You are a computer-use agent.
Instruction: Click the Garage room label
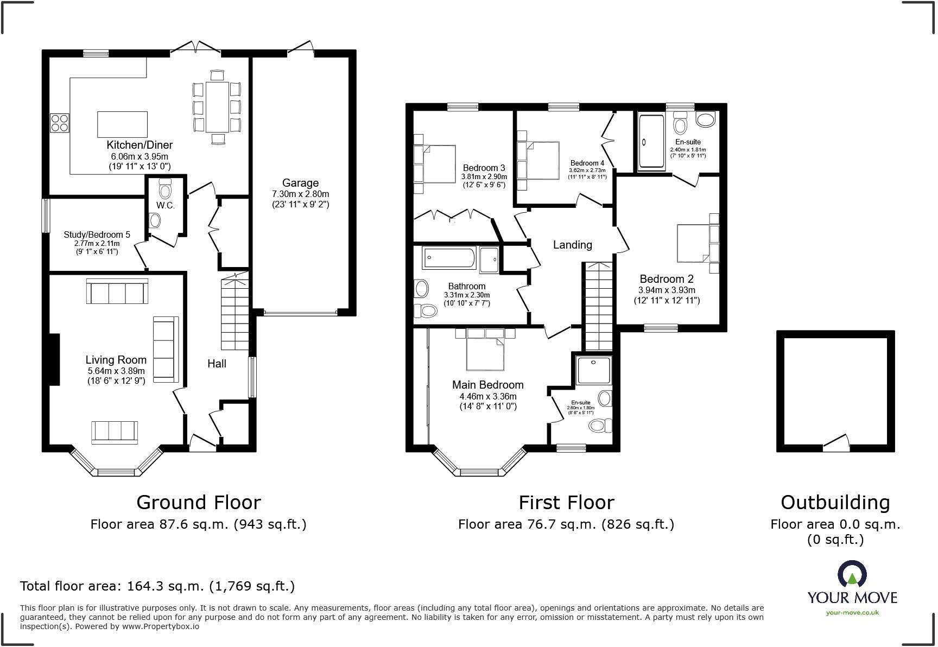pyautogui.click(x=300, y=183)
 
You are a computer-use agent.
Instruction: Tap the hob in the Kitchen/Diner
pyautogui.click(x=60, y=123)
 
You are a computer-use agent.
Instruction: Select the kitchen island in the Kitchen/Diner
pyautogui.click(x=122, y=124)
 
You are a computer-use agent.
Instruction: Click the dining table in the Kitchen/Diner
pyautogui.click(x=217, y=107)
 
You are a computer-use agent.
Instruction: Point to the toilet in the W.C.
pyautogui.click(x=165, y=190)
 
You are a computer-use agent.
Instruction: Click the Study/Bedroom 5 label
pyautogui.click(x=97, y=234)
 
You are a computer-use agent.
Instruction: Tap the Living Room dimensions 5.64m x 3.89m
pyautogui.click(x=116, y=371)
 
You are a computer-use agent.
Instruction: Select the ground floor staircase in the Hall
pyautogui.click(x=234, y=313)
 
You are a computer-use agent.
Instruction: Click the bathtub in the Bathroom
pyautogui.click(x=449, y=258)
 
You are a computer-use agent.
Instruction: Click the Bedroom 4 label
pyautogui.click(x=587, y=163)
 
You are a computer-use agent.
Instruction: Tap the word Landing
pyautogui.click(x=572, y=245)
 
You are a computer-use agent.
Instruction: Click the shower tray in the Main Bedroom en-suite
pyautogui.click(x=593, y=370)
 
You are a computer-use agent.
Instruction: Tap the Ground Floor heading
pyautogui.click(x=198, y=502)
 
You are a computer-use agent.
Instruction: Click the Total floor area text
pyautogui.click(x=157, y=586)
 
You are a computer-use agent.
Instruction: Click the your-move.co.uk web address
pyautogui.click(x=852, y=612)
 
